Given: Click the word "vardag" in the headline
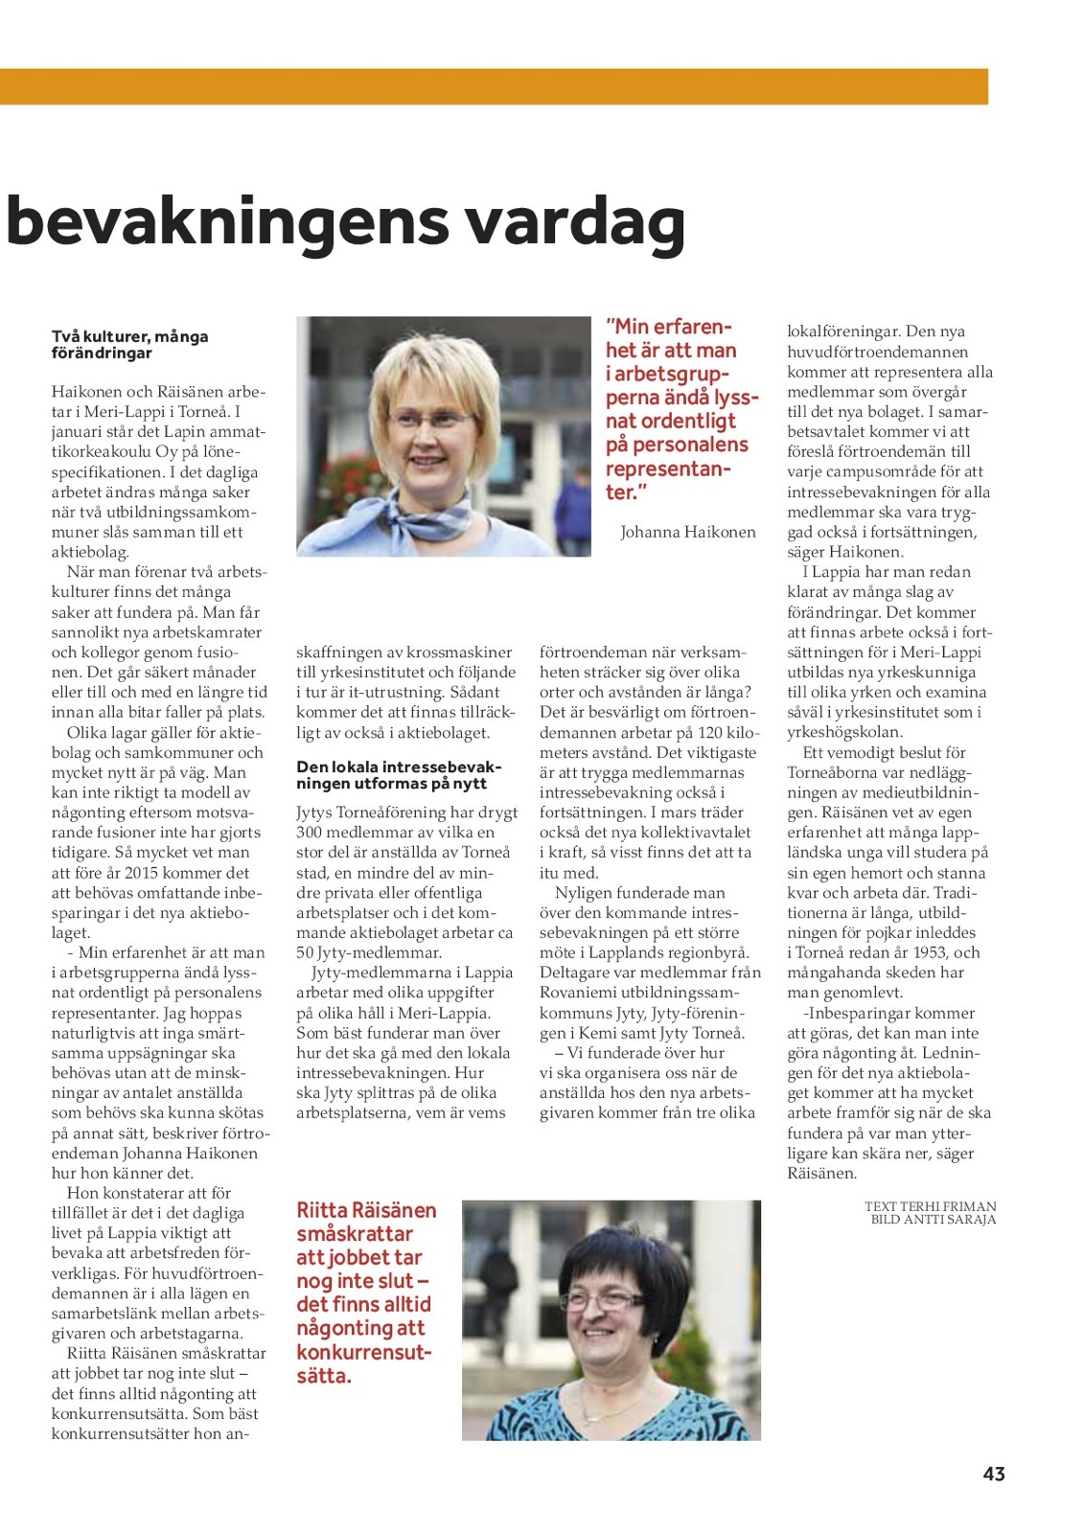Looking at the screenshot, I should click(575, 222).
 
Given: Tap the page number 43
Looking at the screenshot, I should click(994, 1474).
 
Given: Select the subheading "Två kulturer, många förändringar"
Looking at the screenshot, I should click(129, 345).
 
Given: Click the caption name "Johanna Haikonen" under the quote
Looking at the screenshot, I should click(687, 532).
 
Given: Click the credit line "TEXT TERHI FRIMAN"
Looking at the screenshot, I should click(930, 1206).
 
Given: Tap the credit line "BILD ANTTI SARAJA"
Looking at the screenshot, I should click(933, 1220).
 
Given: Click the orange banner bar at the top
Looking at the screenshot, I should click(494, 86).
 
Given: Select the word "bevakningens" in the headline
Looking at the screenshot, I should click(227, 222).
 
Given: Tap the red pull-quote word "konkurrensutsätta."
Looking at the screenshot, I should click(364, 1363).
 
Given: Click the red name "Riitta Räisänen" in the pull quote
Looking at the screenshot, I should click(366, 1211).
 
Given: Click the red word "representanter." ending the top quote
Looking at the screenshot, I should click(668, 480).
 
